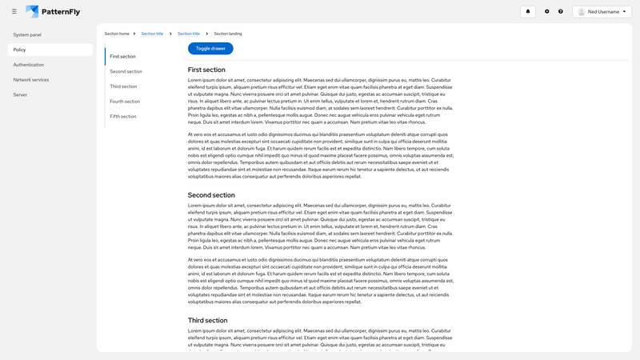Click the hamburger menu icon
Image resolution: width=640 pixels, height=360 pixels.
pos(14,11)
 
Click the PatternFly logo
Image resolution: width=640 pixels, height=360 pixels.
pos(53,11)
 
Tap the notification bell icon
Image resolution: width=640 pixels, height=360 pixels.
pos(527,11)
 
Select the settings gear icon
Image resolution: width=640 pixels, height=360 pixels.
pos(547,11)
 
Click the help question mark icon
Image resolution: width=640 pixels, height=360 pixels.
pos(561,11)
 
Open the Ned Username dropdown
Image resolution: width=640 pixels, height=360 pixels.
pos(602,11)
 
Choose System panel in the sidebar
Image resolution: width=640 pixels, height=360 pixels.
pos(27,35)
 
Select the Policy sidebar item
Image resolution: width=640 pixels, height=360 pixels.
pos(20,50)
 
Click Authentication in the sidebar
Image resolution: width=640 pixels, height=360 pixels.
pos(29,65)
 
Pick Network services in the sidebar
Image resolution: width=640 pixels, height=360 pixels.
pos(31,80)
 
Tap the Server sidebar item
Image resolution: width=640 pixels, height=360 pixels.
pos(20,94)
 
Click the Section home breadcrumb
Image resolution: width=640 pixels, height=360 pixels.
pos(117,34)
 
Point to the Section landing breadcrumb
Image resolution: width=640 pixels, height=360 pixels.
pos(228,34)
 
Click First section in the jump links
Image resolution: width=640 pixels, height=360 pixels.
pos(122,57)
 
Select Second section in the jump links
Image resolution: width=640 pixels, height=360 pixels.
pos(126,71)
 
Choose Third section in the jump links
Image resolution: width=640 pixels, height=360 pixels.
pos(123,86)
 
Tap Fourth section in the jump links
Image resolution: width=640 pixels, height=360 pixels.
pos(125,102)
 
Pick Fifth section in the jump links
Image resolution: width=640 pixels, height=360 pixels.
pos(123,116)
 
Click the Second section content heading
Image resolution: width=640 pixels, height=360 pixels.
pos(211,195)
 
